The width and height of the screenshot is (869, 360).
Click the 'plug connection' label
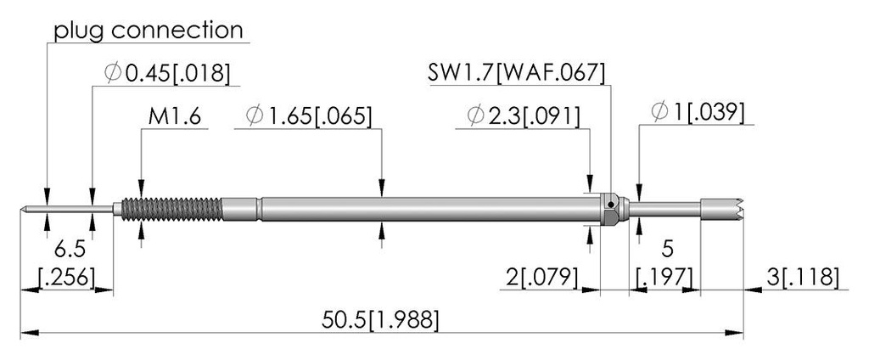click(x=149, y=31)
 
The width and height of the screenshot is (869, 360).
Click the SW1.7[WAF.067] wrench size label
click(x=516, y=73)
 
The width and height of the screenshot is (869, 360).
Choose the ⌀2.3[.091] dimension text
click(x=524, y=116)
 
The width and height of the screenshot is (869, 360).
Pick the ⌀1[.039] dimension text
click(x=698, y=113)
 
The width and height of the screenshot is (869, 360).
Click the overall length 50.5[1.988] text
click(x=380, y=321)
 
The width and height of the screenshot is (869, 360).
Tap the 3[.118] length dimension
click(x=802, y=277)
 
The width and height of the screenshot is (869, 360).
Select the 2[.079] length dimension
click(x=542, y=277)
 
